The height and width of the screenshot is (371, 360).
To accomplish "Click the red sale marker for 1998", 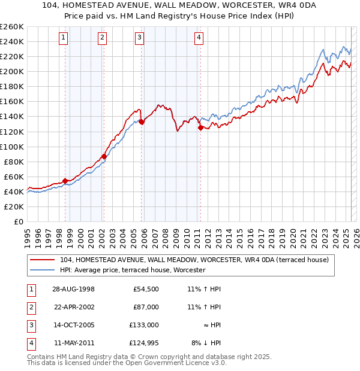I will (65, 181).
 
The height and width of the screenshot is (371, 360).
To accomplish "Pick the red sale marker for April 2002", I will (104, 156).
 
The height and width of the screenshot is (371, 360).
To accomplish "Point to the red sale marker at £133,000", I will (142, 122).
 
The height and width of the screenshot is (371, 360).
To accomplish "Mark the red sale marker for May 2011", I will (200, 127).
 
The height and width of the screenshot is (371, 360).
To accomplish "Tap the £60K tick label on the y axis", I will (14, 177).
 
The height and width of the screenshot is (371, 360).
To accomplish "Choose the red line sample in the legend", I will (43, 260).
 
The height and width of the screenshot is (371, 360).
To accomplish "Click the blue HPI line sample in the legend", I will (43, 270).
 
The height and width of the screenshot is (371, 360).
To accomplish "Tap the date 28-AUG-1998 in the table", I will (73, 289).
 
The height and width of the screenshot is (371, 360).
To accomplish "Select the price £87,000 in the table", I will (146, 307).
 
